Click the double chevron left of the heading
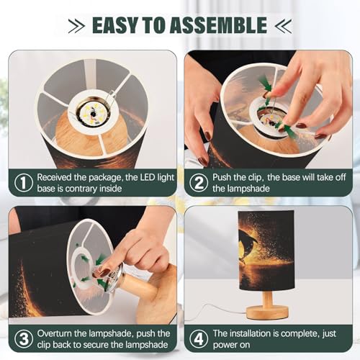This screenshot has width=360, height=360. click(76, 26)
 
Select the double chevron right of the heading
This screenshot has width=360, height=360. click(283, 26)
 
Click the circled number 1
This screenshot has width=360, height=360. click(24, 183)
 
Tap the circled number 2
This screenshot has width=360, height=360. click(199, 183)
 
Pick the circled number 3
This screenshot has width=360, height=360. click(24, 339)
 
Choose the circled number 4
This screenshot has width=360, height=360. click(199, 339)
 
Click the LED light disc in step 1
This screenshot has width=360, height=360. click(92, 113)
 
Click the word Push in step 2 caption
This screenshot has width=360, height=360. click(222, 177)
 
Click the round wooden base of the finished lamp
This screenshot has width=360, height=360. click(267, 312)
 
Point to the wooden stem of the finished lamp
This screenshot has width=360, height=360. click(267, 298)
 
